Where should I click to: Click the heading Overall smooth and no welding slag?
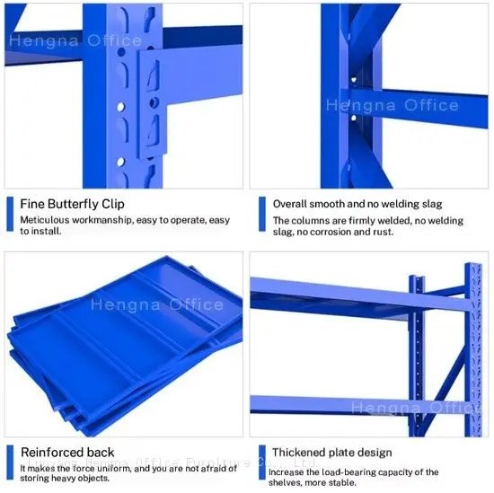(x=357, y=204)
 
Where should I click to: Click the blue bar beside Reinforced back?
(x=10, y=462)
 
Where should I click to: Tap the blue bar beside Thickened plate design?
(x=261, y=462)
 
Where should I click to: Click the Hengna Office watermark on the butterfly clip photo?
(x=75, y=41)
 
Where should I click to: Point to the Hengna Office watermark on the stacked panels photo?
(x=157, y=305)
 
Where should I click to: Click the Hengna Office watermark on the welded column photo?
(x=392, y=106)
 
